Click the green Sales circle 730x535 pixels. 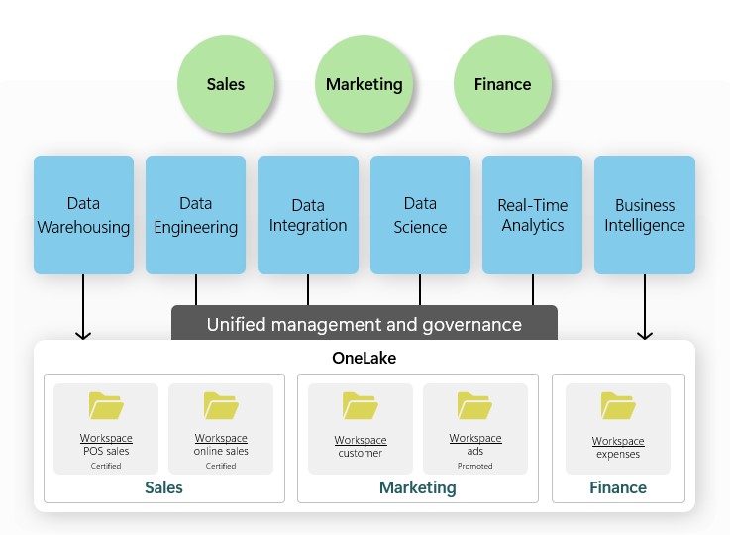pyautogui.click(x=226, y=84)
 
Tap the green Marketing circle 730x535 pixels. pyautogui.click(x=365, y=84)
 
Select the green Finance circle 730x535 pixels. pyautogui.click(x=502, y=84)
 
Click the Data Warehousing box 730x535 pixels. pyautogui.click(x=83, y=215)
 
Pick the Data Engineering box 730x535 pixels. pyautogui.click(x=195, y=215)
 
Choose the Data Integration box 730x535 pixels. pyautogui.click(x=308, y=215)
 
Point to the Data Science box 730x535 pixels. pyautogui.click(x=420, y=215)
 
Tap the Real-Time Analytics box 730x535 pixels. pyautogui.click(x=533, y=215)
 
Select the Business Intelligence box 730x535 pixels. pyautogui.click(x=645, y=215)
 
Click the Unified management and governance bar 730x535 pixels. pyautogui.click(x=364, y=324)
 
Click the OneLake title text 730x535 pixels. pyautogui.click(x=364, y=358)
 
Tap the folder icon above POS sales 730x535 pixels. pyautogui.click(x=106, y=406)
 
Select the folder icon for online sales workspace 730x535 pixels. pyautogui.click(x=221, y=406)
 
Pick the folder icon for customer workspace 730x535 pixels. pyautogui.click(x=361, y=407)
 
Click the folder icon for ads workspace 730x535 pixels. pyautogui.click(x=475, y=406)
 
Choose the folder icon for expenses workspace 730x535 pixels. pyautogui.click(x=618, y=407)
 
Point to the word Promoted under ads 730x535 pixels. pyautogui.click(x=475, y=466)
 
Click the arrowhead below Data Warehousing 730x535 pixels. pyautogui.click(x=83, y=334)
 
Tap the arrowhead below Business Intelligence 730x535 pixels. pyautogui.click(x=645, y=334)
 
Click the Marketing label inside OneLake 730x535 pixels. pyautogui.click(x=418, y=487)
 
